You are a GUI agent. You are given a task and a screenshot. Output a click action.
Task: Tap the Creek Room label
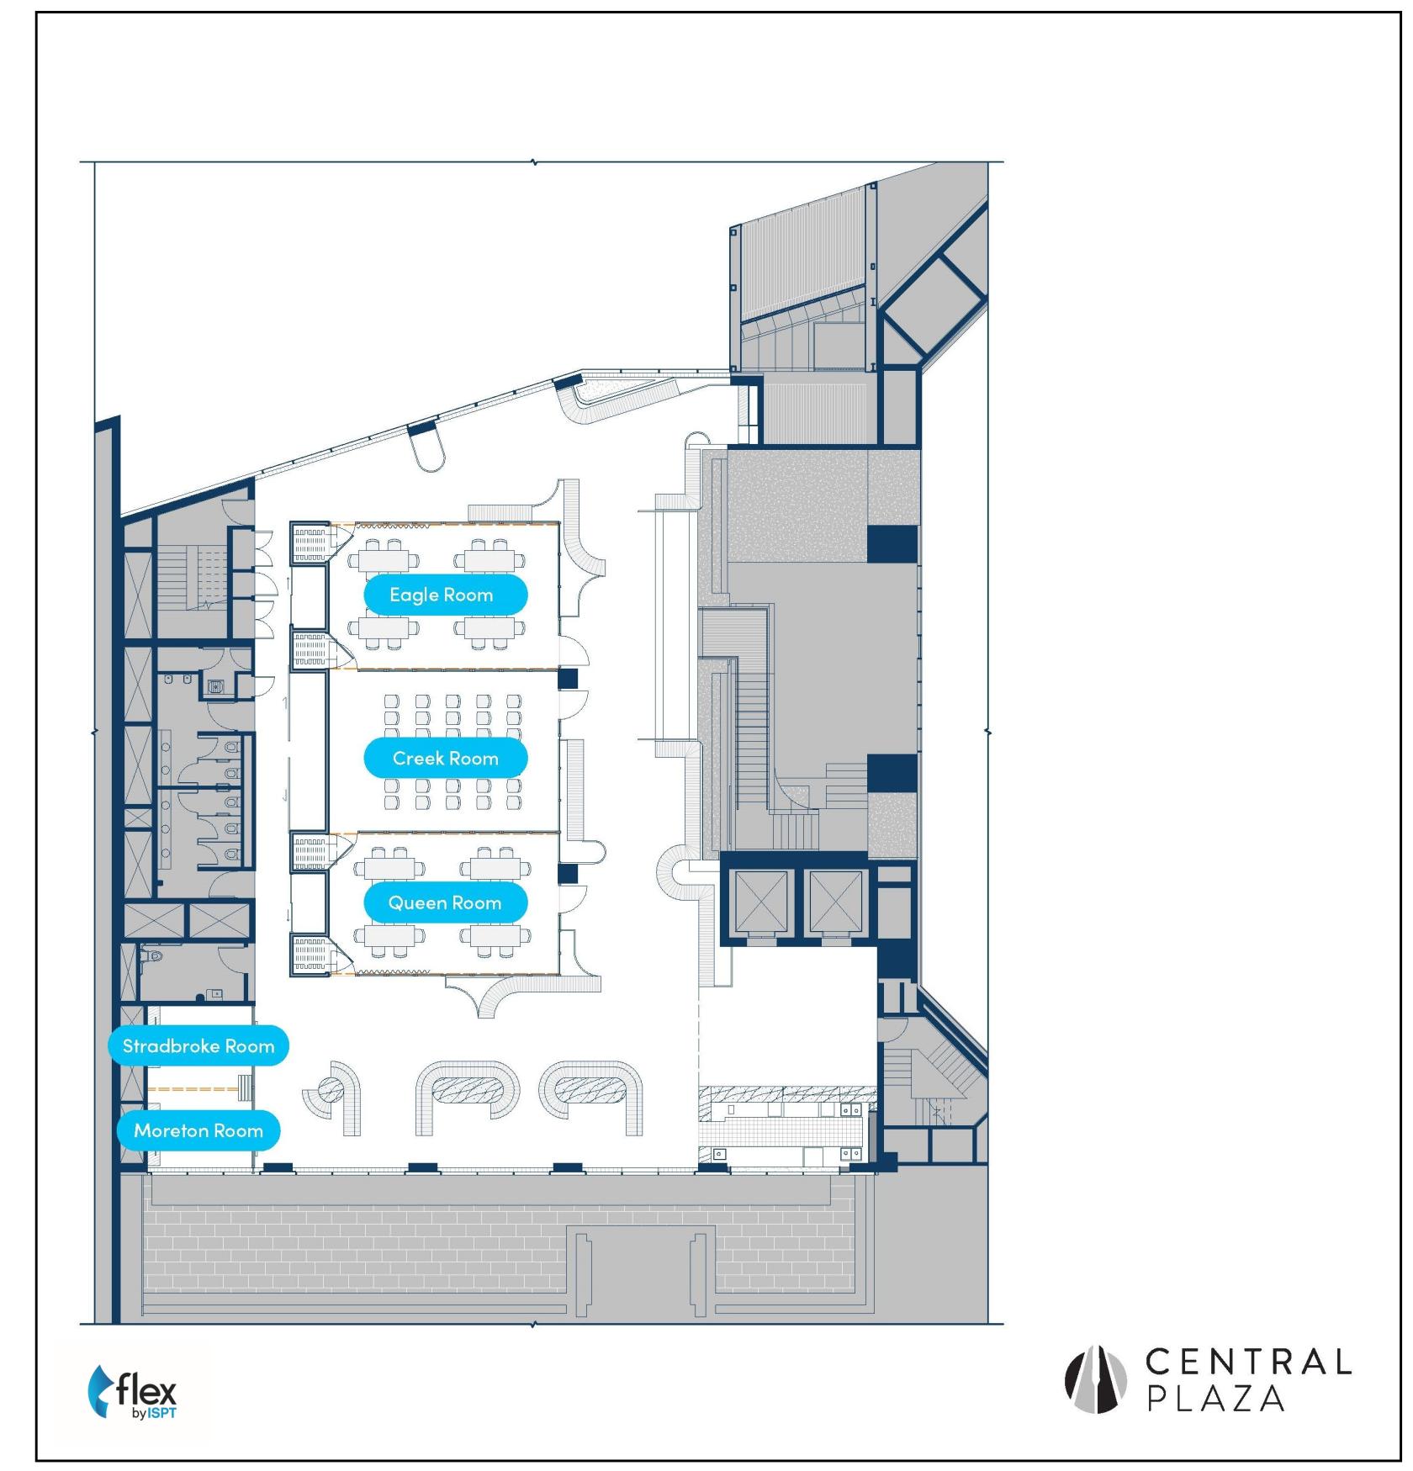(x=445, y=759)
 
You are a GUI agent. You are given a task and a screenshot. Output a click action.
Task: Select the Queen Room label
(x=445, y=903)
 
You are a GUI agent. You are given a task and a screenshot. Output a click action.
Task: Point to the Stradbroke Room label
(x=198, y=1046)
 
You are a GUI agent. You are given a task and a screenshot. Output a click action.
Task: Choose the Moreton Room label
(x=198, y=1131)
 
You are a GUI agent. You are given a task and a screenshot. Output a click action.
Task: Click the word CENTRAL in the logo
(x=1248, y=1362)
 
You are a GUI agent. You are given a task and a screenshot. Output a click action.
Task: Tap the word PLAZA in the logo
(x=1216, y=1399)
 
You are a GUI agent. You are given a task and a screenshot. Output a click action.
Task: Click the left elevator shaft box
(x=762, y=902)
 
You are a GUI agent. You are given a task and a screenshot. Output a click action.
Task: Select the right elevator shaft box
(x=836, y=902)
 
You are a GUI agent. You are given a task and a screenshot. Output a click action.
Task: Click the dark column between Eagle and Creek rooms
(x=569, y=679)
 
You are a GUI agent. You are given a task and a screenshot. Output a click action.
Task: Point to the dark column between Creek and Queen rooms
(x=569, y=874)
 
